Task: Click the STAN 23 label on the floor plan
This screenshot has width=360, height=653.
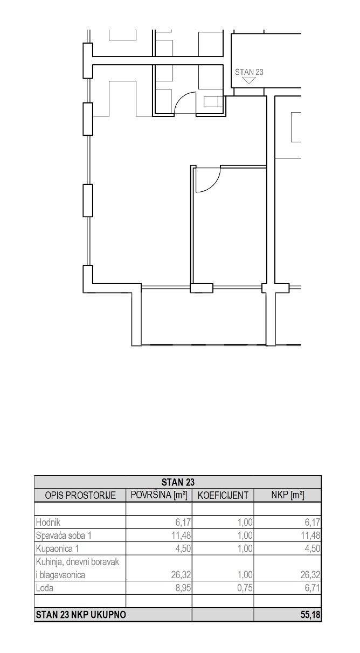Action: click(249, 72)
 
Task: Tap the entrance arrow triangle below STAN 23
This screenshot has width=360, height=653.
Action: click(248, 80)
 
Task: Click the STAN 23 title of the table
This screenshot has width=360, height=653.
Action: click(178, 482)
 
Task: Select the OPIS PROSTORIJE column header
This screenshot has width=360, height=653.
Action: click(80, 495)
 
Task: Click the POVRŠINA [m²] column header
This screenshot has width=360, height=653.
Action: click(159, 495)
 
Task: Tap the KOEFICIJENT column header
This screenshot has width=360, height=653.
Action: click(223, 495)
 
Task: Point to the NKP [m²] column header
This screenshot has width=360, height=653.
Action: click(287, 495)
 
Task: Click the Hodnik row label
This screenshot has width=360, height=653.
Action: click(48, 522)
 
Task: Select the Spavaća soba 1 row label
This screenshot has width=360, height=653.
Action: click(64, 535)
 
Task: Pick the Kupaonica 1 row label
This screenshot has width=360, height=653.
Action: click(57, 548)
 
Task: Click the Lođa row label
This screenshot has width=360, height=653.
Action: click(44, 588)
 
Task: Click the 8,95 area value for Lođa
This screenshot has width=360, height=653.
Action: click(183, 588)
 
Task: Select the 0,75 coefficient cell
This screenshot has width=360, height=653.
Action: click(245, 588)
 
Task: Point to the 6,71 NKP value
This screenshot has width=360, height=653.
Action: click(313, 588)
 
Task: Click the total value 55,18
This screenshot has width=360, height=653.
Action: click(310, 615)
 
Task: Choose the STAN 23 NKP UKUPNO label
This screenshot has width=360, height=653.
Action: click(81, 615)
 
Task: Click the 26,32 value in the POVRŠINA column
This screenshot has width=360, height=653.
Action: click(181, 574)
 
